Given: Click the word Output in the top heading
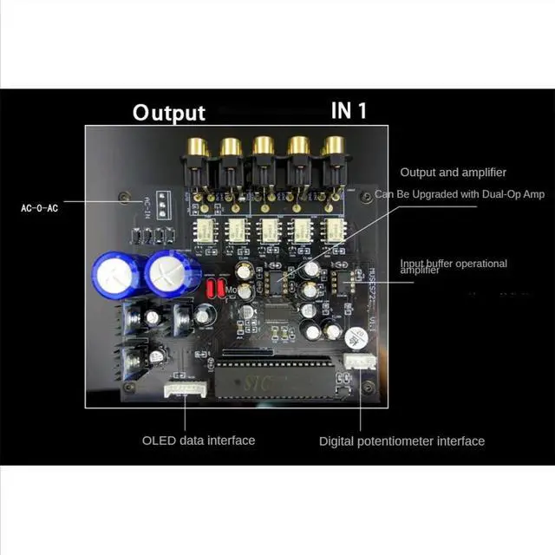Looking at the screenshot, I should (x=168, y=113).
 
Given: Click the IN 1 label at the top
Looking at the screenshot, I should (x=349, y=110).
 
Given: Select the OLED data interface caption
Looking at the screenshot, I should (x=199, y=440).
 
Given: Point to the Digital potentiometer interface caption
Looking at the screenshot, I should (x=402, y=441).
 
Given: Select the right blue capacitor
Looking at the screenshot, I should (x=166, y=274).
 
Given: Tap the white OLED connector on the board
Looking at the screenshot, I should (x=185, y=391).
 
